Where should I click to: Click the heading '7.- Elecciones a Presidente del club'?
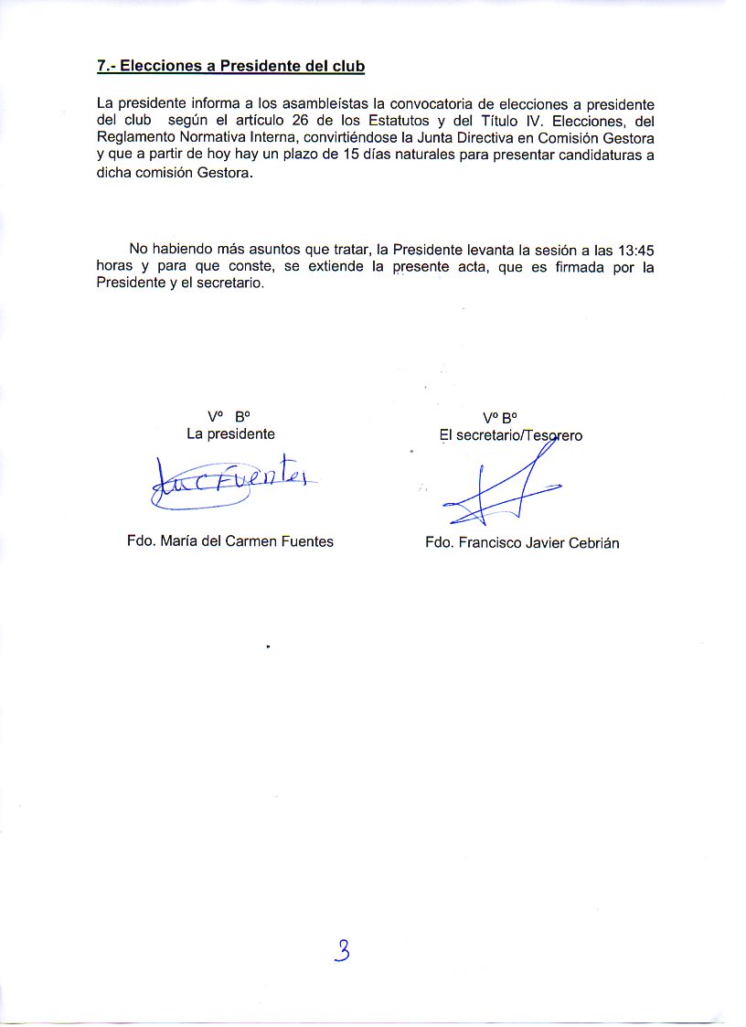[x=230, y=67]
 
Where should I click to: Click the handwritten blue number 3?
[x=342, y=951]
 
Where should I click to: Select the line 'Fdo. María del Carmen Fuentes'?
[x=230, y=541]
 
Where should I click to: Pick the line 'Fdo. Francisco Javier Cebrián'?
[x=522, y=543]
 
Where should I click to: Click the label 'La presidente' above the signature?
[x=230, y=434]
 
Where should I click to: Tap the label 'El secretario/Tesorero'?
[x=511, y=436]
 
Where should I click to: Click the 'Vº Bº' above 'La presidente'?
[x=229, y=417]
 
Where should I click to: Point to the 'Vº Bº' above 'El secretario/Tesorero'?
[x=501, y=419]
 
